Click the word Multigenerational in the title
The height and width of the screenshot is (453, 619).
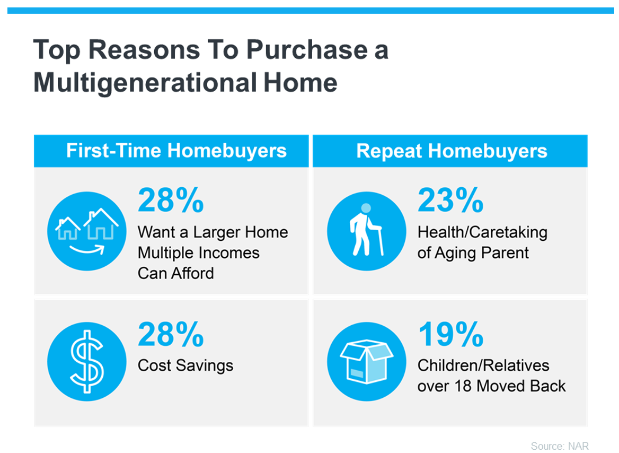[x=146, y=83]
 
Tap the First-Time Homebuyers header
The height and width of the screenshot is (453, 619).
[x=176, y=151]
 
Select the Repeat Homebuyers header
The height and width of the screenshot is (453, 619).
[x=452, y=151]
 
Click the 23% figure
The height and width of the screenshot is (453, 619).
[x=450, y=200]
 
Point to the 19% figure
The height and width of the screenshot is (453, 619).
[x=450, y=334]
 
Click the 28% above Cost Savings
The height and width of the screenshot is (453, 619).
[x=171, y=334]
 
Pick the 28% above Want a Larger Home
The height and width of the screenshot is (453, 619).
[x=171, y=200]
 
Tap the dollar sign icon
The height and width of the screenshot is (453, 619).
[x=87, y=361]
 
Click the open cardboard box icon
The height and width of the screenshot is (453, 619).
[x=367, y=361]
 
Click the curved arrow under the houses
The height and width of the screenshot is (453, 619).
[x=87, y=249]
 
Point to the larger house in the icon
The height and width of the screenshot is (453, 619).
[x=101, y=224]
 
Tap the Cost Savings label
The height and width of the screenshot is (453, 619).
[x=185, y=365]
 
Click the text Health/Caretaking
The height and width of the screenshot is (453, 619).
[x=482, y=232]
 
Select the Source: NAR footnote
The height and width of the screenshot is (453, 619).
[x=560, y=446]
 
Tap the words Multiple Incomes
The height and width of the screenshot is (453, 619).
[x=199, y=252]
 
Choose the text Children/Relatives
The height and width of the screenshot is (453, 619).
[x=483, y=365]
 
